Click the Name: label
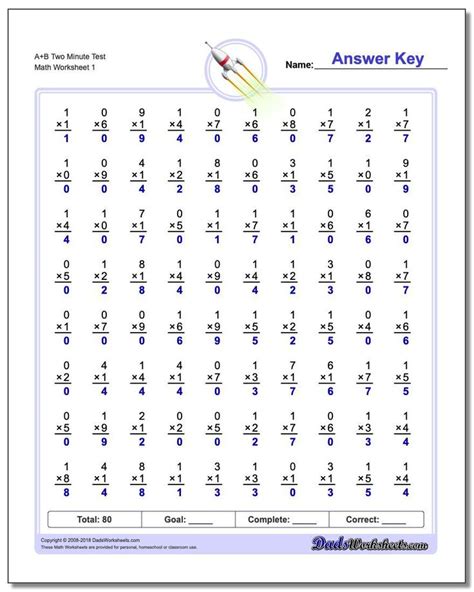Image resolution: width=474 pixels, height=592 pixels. click(x=299, y=65)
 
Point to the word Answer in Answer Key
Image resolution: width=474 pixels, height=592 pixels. click(x=361, y=58)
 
